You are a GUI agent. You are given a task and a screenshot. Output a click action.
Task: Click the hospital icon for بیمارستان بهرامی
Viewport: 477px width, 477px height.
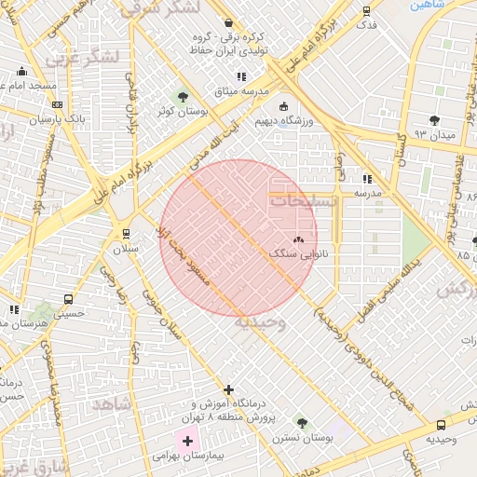(187, 439)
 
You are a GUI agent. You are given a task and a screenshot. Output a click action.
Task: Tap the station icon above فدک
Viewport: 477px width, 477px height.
(366, 11)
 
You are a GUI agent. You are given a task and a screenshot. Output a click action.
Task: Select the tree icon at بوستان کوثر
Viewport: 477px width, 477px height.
(182, 96)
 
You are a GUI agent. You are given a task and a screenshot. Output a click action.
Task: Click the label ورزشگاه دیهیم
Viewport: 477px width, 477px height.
(309, 121)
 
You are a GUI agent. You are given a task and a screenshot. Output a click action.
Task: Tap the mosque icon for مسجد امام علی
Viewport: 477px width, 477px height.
(22, 72)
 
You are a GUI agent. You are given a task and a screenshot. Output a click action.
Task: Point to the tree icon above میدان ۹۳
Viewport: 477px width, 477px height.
(434, 120)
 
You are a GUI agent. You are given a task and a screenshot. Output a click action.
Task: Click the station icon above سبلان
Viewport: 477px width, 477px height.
(126, 233)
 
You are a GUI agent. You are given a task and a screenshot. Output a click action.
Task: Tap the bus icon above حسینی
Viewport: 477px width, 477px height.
(69, 299)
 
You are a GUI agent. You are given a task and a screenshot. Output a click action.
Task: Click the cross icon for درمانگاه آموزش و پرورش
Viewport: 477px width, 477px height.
(229, 389)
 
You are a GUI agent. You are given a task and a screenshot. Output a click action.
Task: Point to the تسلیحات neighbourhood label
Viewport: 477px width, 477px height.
(297, 198)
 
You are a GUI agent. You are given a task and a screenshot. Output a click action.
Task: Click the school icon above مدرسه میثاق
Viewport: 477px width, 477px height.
(241, 77)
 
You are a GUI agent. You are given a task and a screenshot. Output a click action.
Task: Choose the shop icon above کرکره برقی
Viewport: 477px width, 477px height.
(229, 22)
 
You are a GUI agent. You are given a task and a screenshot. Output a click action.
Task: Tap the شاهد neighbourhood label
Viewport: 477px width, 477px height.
(111, 402)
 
